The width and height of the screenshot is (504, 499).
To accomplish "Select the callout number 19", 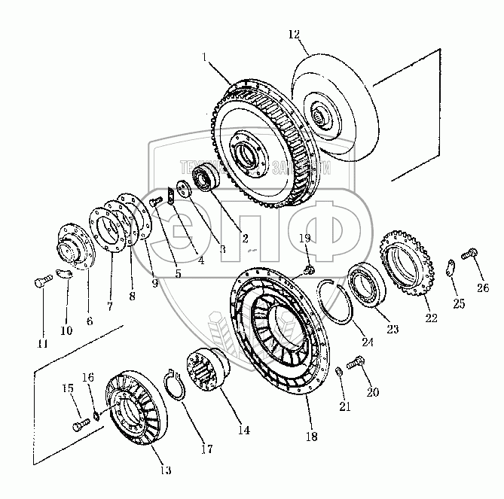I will click(305, 239).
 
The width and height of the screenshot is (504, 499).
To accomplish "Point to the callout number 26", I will click(482, 286).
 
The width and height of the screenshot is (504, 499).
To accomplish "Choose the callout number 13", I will click(165, 470).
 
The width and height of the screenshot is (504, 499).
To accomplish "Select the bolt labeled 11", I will click(42, 284).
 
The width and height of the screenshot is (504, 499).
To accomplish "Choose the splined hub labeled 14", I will click(212, 371).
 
